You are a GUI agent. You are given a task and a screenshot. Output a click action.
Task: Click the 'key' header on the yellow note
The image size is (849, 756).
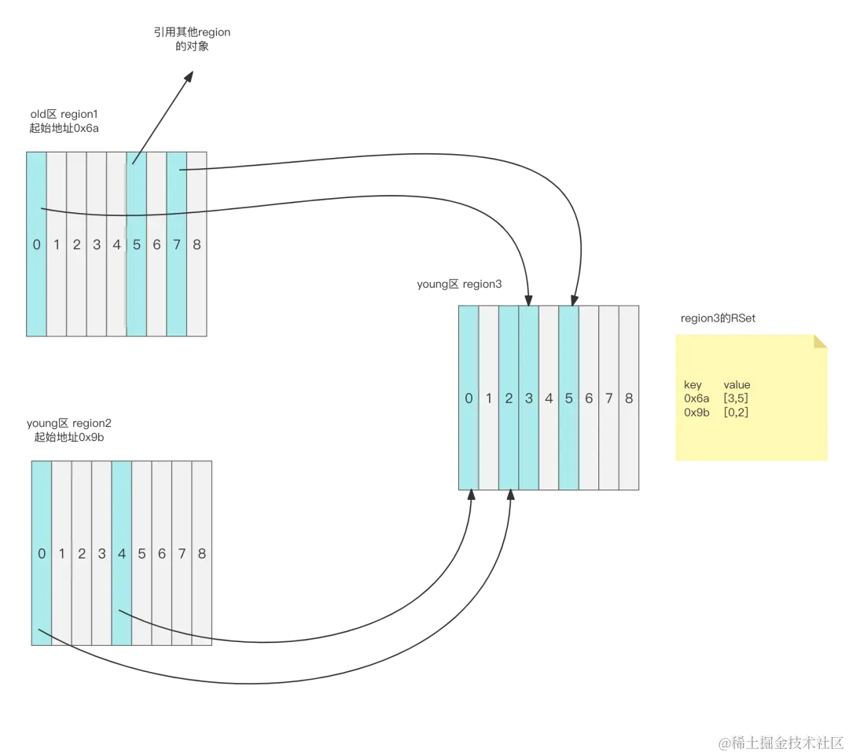pyautogui.click(x=693, y=385)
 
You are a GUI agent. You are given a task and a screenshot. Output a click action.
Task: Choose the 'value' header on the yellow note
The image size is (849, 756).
pyautogui.click(x=737, y=385)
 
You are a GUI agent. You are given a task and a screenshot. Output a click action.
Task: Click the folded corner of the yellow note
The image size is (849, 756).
pyautogui.click(x=821, y=341)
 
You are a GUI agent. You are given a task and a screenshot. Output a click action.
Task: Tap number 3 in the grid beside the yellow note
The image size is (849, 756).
pyautogui.click(x=529, y=398)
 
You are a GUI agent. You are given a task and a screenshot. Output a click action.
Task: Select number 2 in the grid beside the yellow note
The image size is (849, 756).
pyautogui.click(x=509, y=398)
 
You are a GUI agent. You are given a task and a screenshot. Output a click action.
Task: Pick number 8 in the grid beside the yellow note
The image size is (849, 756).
pyautogui.click(x=629, y=398)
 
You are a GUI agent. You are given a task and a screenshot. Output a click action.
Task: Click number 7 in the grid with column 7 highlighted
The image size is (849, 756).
pyautogui.click(x=177, y=244)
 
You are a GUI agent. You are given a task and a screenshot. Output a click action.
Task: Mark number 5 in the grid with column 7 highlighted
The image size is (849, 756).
pyautogui.click(x=137, y=244)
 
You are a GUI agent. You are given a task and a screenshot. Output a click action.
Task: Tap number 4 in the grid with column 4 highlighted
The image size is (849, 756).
pyautogui.click(x=121, y=554)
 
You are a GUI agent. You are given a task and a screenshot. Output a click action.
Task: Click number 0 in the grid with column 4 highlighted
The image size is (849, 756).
pyautogui.click(x=42, y=554)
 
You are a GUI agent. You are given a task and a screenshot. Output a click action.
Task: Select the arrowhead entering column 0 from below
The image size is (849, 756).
pyautogui.click(x=472, y=493)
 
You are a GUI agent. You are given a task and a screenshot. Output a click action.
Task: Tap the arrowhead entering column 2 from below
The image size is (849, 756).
pyautogui.click(x=509, y=493)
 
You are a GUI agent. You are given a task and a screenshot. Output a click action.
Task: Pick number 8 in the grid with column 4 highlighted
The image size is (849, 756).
pyautogui.click(x=202, y=554)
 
